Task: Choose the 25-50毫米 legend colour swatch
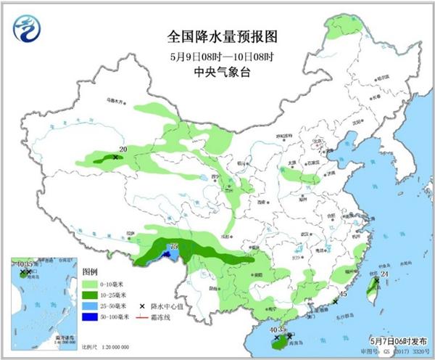point(90,306)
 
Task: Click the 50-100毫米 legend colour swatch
point(90,317)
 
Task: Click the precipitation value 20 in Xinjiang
point(123,150)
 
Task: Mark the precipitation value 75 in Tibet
point(173,247)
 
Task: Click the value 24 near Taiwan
point(385,274)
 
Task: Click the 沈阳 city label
point(355,123)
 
